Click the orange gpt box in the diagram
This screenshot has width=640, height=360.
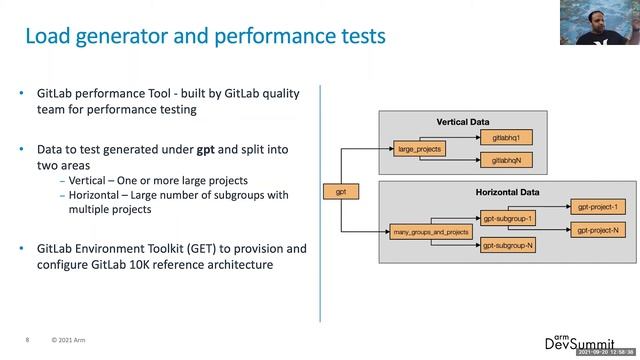[x=341, y=190]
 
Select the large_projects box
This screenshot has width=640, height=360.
[x=420, y=148]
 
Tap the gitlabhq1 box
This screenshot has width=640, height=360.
[x=506, y=136]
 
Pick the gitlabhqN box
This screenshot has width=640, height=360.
[x=506, y=160]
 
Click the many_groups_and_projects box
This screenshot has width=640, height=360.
[x=430, y=231]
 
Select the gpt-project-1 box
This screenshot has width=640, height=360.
[x=598, y=206]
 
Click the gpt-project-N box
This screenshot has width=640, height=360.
[x=598, y=230]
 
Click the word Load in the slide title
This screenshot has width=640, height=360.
[x=45, y=38]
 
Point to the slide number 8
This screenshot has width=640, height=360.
[x=27, y=340]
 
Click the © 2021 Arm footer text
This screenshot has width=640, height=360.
[x=69, y=340]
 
